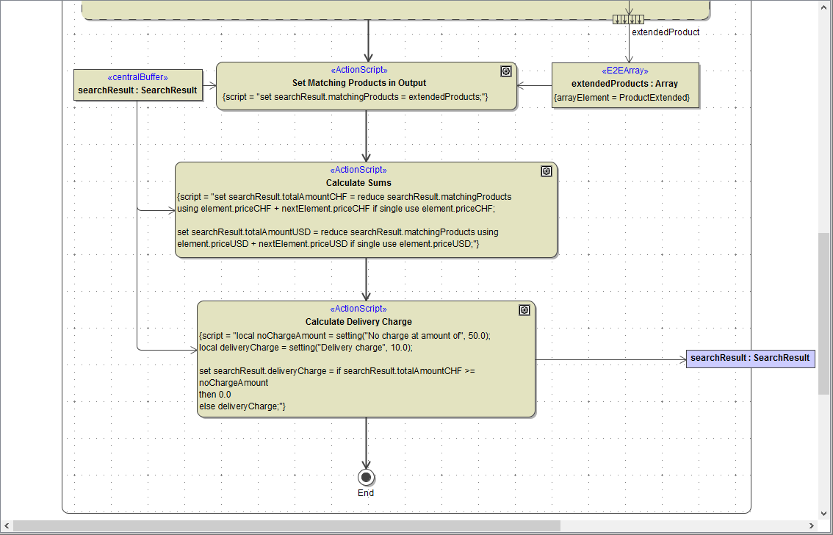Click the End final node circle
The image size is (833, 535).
(x=366, y=476)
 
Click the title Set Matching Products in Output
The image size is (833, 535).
(x=358, y=83)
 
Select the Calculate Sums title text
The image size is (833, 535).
(x=358, y=183)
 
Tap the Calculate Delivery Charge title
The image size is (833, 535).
(x=358, y=322)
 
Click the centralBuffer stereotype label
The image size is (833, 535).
(x=137, y=78)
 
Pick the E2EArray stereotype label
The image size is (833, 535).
(x=624, y=71)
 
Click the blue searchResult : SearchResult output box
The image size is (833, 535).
(x=750, y=359)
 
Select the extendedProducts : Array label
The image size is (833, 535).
(x=624, y=84)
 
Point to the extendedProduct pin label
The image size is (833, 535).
(x=666, y=32)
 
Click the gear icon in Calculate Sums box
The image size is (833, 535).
(x=547, y=171)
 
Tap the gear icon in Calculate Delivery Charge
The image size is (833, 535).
(x=524, y=310)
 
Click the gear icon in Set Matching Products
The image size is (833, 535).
(x=506, y=71)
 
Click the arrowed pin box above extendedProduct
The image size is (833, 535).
(x=629, y=19)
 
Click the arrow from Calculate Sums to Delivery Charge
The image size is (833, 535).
(x=366, y=279)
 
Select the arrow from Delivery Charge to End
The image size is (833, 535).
(x=366, y=441)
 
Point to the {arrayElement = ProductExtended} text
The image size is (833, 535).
(x=621, y=98)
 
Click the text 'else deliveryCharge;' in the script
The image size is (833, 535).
(x=242, y=406)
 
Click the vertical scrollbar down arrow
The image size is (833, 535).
(x=825, y=514)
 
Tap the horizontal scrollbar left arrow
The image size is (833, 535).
(x=6, y=526)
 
